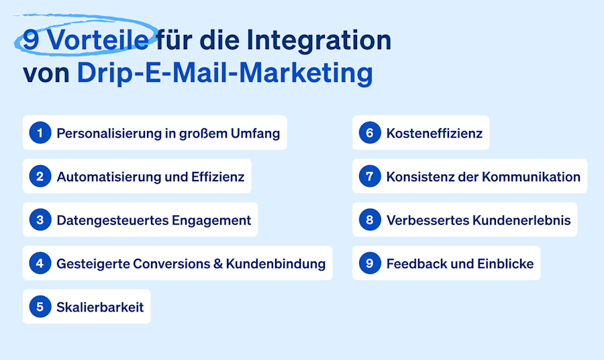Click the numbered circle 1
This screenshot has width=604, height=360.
tap(40, 133)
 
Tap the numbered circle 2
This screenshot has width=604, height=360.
tap(40, 177)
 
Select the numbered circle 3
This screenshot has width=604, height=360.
tap(40, 220)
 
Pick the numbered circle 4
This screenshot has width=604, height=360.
tap(40, 263)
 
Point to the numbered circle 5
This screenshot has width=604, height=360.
tap(40, 307)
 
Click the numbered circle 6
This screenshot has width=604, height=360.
tap(370, 133)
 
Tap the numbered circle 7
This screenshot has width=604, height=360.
tap(370, 177)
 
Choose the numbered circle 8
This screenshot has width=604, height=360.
tap(370, 220)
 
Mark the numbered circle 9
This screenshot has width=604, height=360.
tap(370, 263)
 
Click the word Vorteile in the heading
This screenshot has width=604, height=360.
tap(99, 40)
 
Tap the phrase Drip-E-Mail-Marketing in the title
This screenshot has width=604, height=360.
tap(225, 73)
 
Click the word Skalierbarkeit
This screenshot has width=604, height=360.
tap(100, 307)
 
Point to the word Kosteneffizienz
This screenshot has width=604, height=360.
tap(434, 133)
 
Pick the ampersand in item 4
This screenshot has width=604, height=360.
tap(217, 263)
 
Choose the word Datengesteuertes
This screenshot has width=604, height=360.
tap(111, 220)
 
